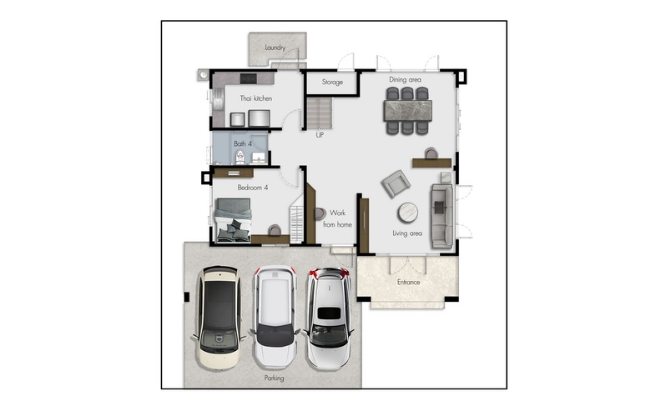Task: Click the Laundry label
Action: coord(275,48)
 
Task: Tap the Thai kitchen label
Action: coord(256,98)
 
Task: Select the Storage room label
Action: coord(332,82)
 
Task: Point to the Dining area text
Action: coord(406,79)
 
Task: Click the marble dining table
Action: coord(408,111)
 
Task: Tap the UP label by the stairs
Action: coord(320,135)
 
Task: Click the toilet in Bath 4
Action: coord(240,157)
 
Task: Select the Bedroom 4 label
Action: coord(253,188)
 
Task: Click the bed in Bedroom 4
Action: coord(233,220)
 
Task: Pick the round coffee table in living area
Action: coord(408,213)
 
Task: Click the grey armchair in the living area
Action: coord(396,183)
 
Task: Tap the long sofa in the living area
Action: coord(442,216)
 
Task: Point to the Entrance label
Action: coord(409,282)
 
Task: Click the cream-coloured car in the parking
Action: coord(219,318)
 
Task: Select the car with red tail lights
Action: coord(328,318)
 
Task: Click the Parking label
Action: coord(275,378)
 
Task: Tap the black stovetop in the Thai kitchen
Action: coord(249,78)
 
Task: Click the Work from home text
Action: coord(337,218)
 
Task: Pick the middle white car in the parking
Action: coord(275,318)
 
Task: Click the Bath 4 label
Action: coord(243,143)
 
